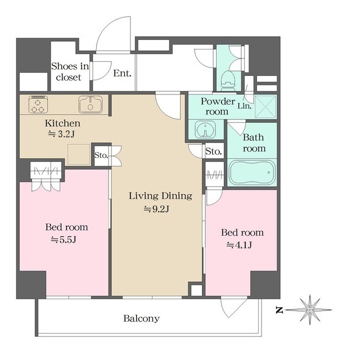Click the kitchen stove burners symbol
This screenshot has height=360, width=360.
(38, 105)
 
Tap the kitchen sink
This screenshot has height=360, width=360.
(91, 105)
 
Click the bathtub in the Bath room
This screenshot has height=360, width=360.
(253, 172)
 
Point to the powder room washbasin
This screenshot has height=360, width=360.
(205, 130)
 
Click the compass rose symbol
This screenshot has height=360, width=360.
(310, 310)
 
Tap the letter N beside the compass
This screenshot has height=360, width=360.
(279, 310)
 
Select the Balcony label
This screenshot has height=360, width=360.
(141, 318)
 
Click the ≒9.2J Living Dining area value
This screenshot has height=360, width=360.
(156, 209)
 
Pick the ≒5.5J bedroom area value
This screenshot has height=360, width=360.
(64, 240)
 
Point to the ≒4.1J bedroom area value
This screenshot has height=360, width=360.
(239, 245)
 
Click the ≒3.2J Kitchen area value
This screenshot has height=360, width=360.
(61, 134)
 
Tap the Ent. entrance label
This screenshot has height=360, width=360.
(123, 73)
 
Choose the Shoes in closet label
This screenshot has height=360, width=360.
(70, 71)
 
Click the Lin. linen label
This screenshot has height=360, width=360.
(244, 106)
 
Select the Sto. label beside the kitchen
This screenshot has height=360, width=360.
(101, 155)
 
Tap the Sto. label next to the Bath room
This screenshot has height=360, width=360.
(214, 151)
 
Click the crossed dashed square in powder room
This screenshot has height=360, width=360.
(265, 107)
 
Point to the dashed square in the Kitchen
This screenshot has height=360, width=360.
(79, 154)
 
